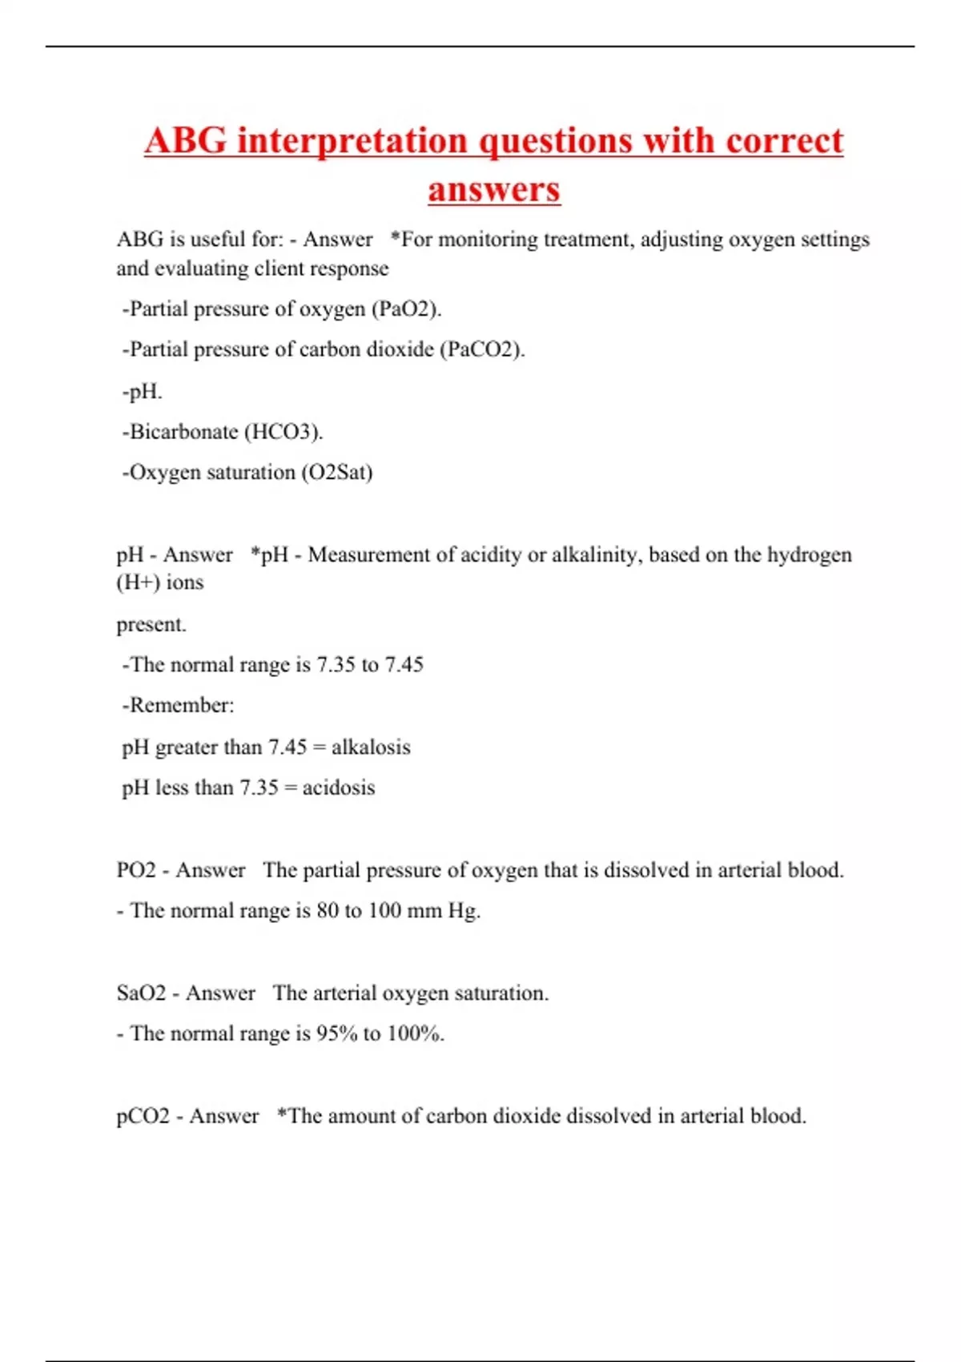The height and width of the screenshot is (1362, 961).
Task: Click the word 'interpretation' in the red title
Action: tap(352, 142)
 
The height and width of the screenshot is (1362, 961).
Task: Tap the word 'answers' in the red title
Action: tap(494, 190)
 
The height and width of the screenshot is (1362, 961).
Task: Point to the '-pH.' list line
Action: tap(142, 392)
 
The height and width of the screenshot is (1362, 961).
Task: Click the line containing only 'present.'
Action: tap(151, 625)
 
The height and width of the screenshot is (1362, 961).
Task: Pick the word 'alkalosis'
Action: tap(371, 747)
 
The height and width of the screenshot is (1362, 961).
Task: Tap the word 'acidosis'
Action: tap(339, 788)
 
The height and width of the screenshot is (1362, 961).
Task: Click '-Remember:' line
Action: tap(178, 706)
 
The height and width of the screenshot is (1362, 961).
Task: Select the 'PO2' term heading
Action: tap(136, 871)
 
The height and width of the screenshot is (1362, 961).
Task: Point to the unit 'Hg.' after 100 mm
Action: tap(464, 911)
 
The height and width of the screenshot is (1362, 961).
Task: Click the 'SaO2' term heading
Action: tap(141, 993)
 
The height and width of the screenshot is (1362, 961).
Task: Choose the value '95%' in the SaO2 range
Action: tap(337, 1034)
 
